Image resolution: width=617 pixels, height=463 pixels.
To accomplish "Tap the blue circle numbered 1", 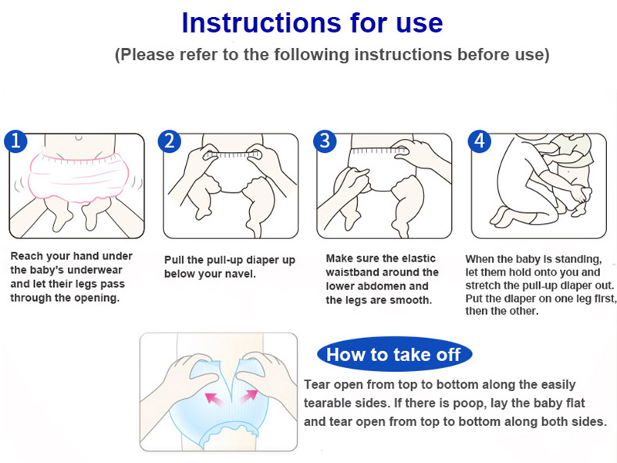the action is (15, 141).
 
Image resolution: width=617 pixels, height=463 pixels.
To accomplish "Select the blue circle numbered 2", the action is (169, 141).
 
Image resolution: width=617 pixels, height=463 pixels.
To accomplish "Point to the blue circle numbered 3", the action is (325, 141).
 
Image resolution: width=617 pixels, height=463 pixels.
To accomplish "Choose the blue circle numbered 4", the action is (479, 141).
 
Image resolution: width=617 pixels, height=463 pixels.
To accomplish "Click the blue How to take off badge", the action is (394, 354).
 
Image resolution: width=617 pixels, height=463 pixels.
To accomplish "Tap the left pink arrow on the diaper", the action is (214, 398).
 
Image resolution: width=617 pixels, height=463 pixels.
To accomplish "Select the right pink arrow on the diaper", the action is (248, 396).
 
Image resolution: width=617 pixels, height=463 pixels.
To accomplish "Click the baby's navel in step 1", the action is (79, 137).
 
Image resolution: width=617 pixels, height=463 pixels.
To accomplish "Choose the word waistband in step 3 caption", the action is (382, 272).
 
